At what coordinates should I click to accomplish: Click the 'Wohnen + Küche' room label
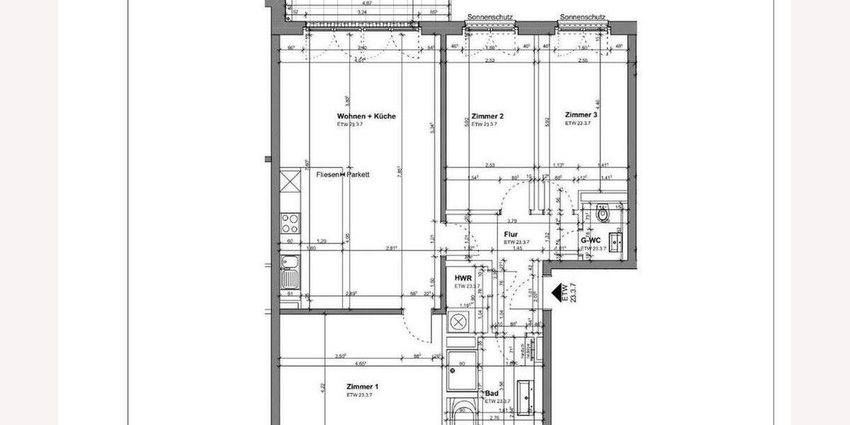(366, 116)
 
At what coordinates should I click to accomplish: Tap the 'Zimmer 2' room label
(487, 116)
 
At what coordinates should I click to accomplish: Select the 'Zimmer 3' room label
(581, 115)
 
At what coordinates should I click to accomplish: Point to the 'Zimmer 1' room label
(363, 387)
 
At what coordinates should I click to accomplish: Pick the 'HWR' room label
(463, 278)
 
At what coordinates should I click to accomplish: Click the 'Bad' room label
(491, 393)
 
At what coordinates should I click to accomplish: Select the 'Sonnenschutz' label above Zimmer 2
(490, 17)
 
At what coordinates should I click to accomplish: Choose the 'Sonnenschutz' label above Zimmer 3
(582, 17)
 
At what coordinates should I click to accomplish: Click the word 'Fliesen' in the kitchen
(327, 174)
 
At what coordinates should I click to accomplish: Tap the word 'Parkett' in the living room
(358, 174)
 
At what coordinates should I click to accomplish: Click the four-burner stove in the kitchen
(290, 223)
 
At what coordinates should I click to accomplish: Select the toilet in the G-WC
(603, 212)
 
